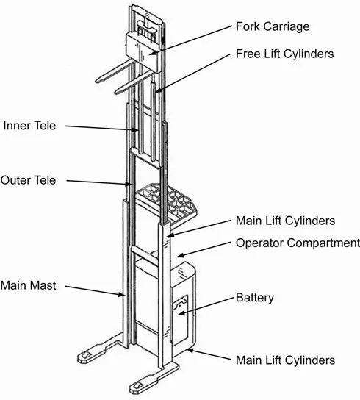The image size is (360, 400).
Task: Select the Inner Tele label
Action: tap(29, 126)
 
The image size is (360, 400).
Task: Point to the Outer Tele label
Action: tap(29, 180)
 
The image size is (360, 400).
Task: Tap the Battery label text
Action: tap(255, 298)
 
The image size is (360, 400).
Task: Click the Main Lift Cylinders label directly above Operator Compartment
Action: tap(286, 221)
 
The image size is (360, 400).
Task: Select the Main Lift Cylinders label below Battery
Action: tap(286, 360)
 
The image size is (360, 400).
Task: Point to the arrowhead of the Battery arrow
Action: tap(180, 313)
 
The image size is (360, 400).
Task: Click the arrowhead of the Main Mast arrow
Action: tap(123, 295)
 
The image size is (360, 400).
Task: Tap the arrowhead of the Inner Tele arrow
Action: tap(136, 130)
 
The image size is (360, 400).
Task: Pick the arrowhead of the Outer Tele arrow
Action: tap(129, 184)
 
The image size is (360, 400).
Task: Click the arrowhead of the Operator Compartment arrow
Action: tap(179, 255)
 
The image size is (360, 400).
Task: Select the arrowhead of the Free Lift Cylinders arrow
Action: tap(157, 90)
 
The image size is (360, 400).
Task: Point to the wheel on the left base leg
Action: tap(86, 355)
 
